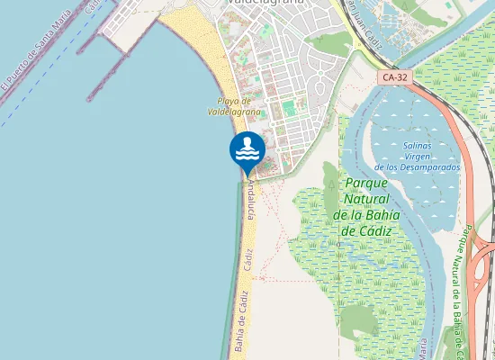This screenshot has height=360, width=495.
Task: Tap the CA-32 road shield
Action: click(393, 77)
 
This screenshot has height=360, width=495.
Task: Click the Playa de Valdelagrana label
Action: click(234, 106)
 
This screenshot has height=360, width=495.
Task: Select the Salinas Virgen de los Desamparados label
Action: click(417, 157)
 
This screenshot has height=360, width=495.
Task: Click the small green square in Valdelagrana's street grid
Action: click(290, 109)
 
